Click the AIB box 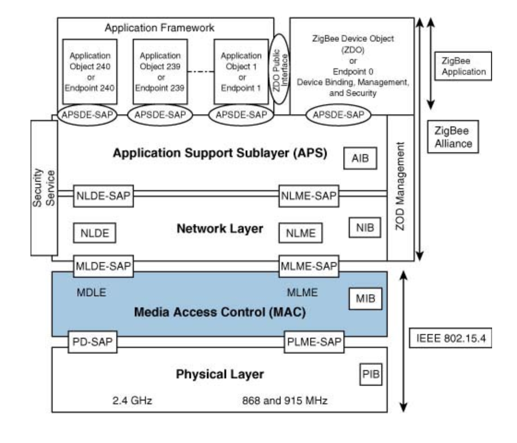click(x=361, y=160)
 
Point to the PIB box click(x=371, y=374)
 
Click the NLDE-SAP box click(x=102, y=197)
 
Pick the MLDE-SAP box click(x=102, y=266)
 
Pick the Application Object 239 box click(x=160, y=72)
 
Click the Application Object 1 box click(x=241, y=72)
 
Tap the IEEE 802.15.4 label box click(x=451, y=339)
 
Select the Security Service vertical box click(x=44, y=187)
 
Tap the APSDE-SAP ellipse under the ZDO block click(x=336, y=115)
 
